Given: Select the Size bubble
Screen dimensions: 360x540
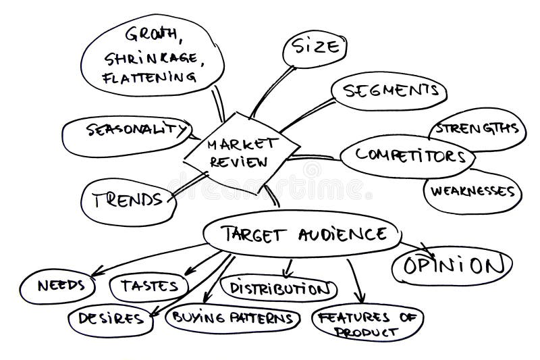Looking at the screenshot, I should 314,48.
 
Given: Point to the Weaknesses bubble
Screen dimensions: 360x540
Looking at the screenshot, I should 473,191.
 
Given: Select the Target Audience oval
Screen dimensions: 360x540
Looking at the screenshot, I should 302,234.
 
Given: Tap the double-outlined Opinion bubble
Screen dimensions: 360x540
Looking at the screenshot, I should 449,266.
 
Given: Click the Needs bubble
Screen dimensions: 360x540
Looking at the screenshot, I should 58,284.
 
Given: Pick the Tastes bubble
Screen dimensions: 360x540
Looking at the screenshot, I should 148,286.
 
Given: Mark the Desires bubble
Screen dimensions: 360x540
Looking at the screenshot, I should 109,317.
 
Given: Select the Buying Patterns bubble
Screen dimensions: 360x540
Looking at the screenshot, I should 233,317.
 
